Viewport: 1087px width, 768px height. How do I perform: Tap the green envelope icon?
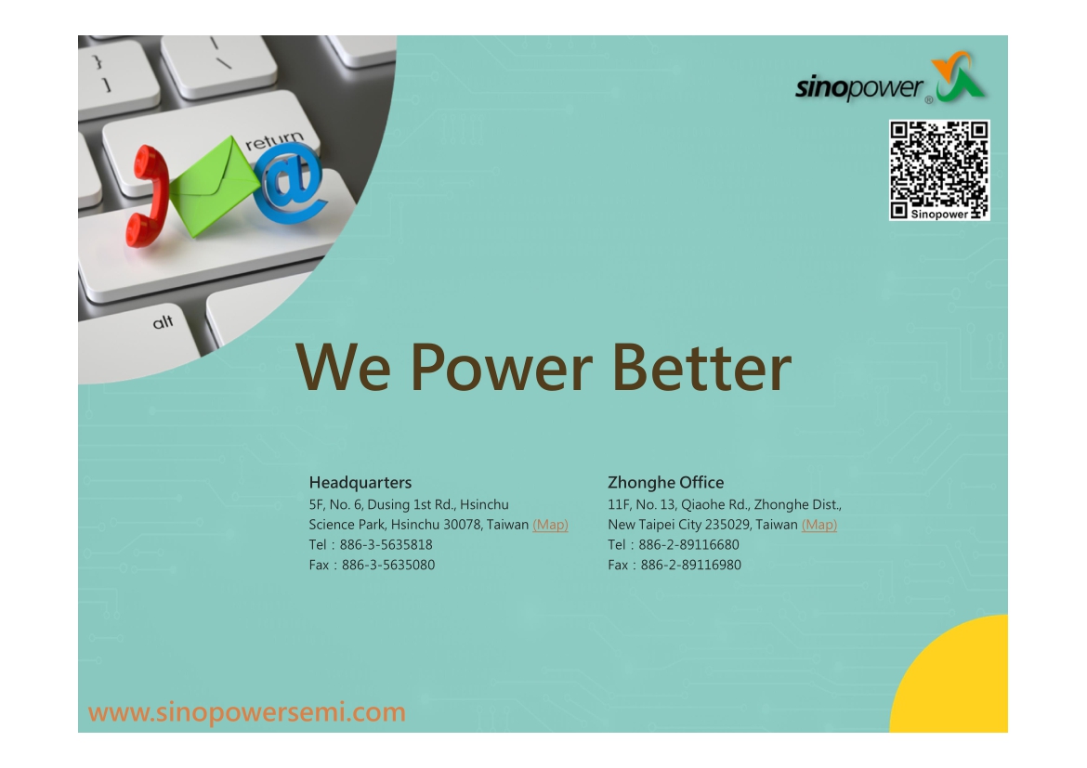click(214, 186)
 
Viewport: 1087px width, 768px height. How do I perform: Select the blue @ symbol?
click(290, 188)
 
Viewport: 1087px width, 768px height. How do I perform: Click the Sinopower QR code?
click(939, 171)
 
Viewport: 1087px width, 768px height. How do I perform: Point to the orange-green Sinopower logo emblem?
click(959, 76)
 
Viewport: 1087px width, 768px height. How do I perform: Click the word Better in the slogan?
click(701, 367)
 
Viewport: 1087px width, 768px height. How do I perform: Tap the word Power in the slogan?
click(501, 367)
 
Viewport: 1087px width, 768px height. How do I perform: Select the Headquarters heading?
click(360, 482)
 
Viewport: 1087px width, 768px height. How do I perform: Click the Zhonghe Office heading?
click(665, 482)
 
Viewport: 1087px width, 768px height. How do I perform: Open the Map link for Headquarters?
click(550, 525)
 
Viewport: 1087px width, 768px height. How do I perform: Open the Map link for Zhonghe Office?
click(819, 525)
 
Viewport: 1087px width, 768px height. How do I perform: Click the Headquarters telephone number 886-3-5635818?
click(386, 545)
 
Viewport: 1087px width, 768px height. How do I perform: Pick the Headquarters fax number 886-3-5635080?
click(388, 565)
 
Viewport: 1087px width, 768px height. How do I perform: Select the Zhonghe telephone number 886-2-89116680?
click(688, 545)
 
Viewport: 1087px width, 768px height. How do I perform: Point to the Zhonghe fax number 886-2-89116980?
click(690, 565)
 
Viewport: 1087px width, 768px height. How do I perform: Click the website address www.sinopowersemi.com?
click(247, 712)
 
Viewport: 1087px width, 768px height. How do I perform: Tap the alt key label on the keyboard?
click(163, 322)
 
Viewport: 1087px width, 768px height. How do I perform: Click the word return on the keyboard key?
click(274, 140)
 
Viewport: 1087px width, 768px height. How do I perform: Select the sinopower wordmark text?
click(858, 88)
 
